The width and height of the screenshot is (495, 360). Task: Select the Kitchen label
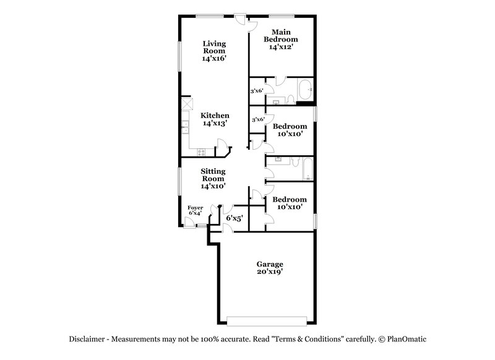tap(215, 116)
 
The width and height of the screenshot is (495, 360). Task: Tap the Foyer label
tap(194, 208)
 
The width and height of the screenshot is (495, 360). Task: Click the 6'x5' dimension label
tap(235, 218)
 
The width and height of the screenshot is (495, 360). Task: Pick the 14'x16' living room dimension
tap(213, 59)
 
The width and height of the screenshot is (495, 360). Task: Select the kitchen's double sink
tap(185, 128)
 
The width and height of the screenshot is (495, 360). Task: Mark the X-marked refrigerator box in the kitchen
tap(187, 104)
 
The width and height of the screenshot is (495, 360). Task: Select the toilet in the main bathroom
tap(290, 98)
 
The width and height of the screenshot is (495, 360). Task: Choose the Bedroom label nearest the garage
tap(289, 200)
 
